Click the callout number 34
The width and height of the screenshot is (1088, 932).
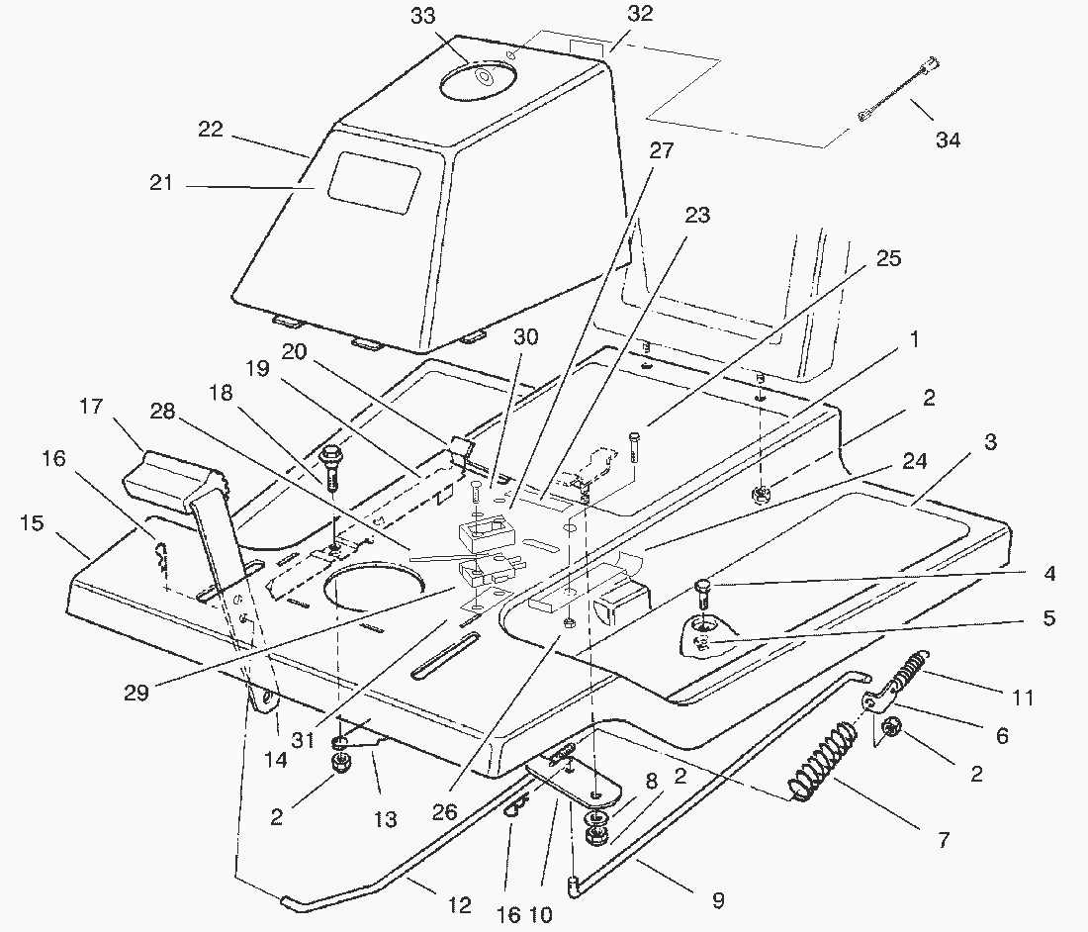948,140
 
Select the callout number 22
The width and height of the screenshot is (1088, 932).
212,130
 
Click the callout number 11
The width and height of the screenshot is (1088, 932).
1023,698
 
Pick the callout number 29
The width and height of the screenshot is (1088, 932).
136,692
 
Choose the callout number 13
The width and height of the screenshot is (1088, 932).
385,818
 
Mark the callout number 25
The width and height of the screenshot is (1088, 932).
889,258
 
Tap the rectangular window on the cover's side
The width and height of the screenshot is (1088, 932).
374,185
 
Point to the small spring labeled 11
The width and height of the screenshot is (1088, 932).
909,672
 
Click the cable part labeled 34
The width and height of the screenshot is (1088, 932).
897,93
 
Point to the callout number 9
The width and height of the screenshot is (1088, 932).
717,900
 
